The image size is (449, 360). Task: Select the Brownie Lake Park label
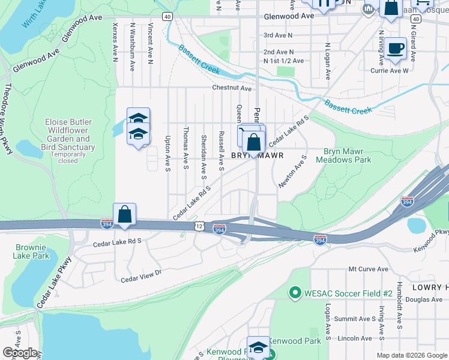click(32, 251)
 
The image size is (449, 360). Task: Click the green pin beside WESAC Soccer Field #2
click(295, 293)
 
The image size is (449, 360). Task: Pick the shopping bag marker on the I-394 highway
click(124, 214)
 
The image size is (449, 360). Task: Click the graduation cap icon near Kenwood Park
click(258, 347)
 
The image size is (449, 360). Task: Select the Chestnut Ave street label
click(232, 88)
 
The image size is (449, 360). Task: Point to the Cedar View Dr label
click(142, 276)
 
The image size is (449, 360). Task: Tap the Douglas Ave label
click(423, 299)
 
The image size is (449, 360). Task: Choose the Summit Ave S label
click(355, 319)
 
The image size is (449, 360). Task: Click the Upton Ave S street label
click(168, 153)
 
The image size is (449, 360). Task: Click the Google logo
click(20, 353)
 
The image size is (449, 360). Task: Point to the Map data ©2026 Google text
click(412, 355)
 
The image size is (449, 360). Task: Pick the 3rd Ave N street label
click(278, 35)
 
